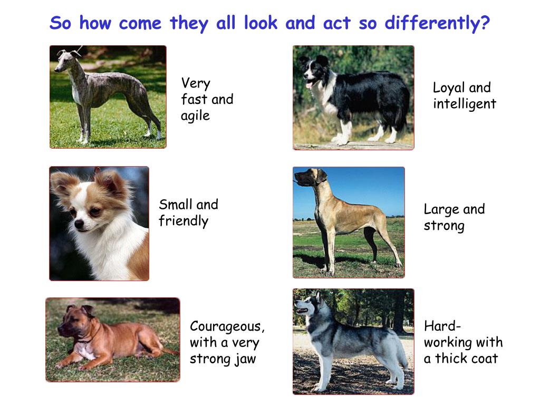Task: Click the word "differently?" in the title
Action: (x=437, y=24)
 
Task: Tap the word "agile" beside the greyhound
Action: (x=195, y=115)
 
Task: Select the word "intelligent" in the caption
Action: (x=465, y=104)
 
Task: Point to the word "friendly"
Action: (x=184, y=221)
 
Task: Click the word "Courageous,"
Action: (x=227, y=326)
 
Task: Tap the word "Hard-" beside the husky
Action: (x=442, y=325)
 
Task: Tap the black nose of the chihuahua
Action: (x=79, y=225)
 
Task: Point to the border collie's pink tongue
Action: (x=310, y=84)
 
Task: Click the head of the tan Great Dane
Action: (x=307, y=178)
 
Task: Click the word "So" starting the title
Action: (x=60, y=24)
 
